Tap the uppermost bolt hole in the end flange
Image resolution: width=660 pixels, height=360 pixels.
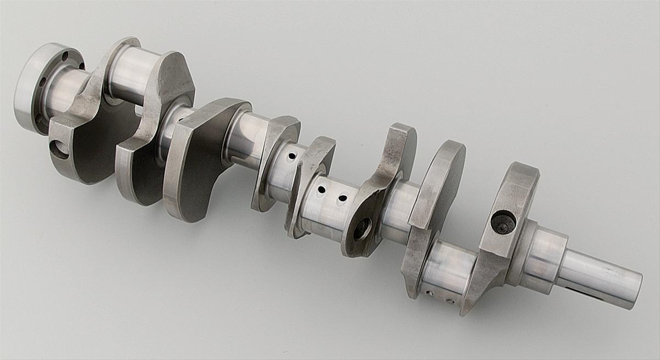[x=65, y=56]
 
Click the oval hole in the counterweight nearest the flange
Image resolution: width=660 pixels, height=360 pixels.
[x=59, y=149]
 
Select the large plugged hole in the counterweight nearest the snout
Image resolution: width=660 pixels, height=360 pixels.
[x=503, y=223]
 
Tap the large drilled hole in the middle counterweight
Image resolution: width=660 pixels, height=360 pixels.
[x=362, y=228]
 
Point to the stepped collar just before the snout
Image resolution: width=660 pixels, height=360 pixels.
[x=542, y=258]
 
